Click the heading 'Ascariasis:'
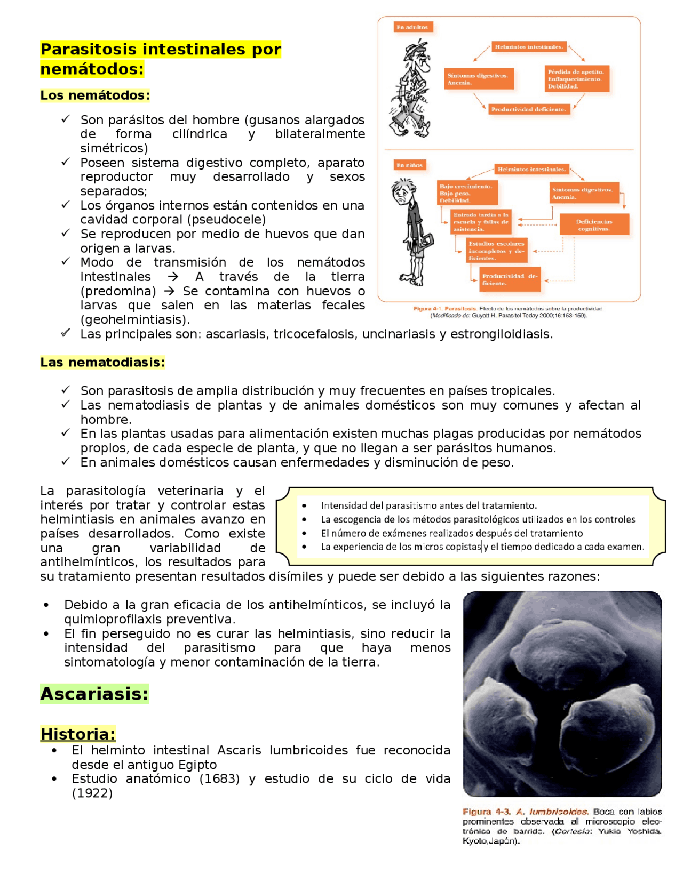point(94,694)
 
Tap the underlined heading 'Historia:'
point(78,734)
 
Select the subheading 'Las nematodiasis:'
point(102,362)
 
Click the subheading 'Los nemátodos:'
point(95,95)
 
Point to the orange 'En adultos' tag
point(412,27)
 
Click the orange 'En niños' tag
point(410,165)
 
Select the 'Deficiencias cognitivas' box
point(594,225)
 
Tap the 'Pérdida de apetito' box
point(576,79)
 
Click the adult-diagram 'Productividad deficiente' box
point(529,109)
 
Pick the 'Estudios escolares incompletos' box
point(497,251)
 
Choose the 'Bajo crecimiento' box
point(467,193)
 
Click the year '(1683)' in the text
point(219,778)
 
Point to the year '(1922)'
point(92,793)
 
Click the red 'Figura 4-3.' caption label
point(487,812)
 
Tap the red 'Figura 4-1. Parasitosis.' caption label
point(445,309)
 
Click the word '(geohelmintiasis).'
point(135,319)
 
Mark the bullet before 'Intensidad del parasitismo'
point(304,505)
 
